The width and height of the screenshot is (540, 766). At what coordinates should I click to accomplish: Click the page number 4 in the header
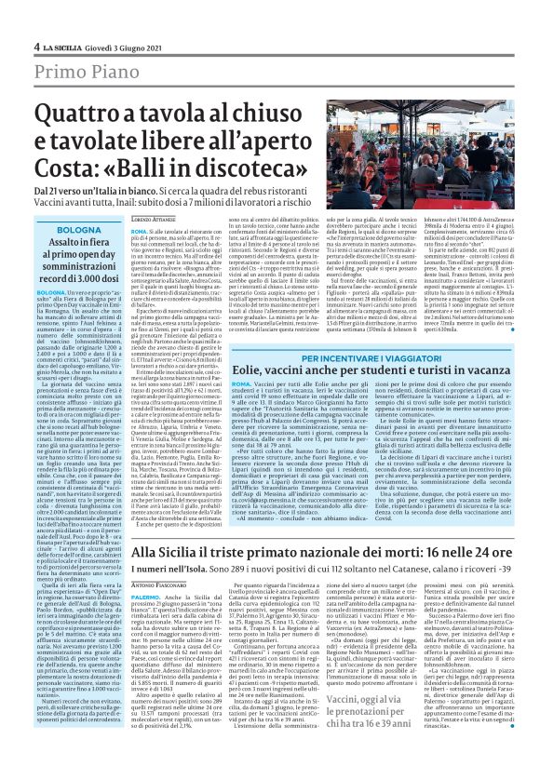tap(36, 46)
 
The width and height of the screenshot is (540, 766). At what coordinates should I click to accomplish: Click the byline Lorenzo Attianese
tap(153, 215)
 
